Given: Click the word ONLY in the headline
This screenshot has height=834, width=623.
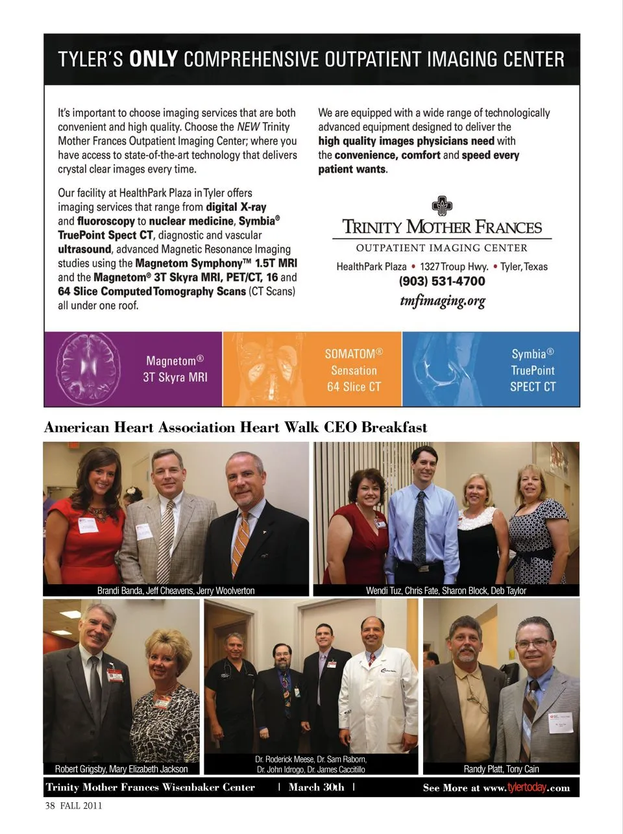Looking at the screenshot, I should click(153, 60).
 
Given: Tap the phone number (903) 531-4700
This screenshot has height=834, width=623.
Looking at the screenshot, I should click(442, 282).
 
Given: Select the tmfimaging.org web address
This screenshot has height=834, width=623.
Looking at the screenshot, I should click(443, 301).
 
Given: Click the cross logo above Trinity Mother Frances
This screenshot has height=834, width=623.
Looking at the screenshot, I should click(442, 206).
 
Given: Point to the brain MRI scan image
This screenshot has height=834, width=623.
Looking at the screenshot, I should click(89, 368).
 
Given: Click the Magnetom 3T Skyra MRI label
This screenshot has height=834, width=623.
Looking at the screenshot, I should click(175, 369).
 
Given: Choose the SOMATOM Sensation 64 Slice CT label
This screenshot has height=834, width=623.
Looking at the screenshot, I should click(354, 370).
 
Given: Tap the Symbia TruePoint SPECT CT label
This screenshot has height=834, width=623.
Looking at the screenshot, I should click(533, 370).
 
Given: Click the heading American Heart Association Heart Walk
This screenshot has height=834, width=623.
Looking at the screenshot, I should click(235, 427).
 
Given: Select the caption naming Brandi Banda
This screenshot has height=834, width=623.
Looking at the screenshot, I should click(176, 591).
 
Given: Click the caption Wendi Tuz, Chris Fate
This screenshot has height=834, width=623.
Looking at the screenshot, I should click(446, 591).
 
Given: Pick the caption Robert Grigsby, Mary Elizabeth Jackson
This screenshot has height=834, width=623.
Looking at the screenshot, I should click(121, 769).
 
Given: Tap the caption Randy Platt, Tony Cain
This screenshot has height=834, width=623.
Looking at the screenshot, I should click(501, 769).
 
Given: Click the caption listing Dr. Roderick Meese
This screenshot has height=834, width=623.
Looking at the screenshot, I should click(311, 764).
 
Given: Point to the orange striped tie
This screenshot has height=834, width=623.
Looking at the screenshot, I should click(241, 542).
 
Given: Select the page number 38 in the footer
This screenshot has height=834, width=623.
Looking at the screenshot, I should click(49, 805).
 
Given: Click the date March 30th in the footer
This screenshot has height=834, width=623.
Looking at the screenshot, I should click(316, 787).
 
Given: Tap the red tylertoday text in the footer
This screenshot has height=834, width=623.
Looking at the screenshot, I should click(526, 788).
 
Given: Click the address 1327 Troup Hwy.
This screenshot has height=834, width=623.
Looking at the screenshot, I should click(454, 267).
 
